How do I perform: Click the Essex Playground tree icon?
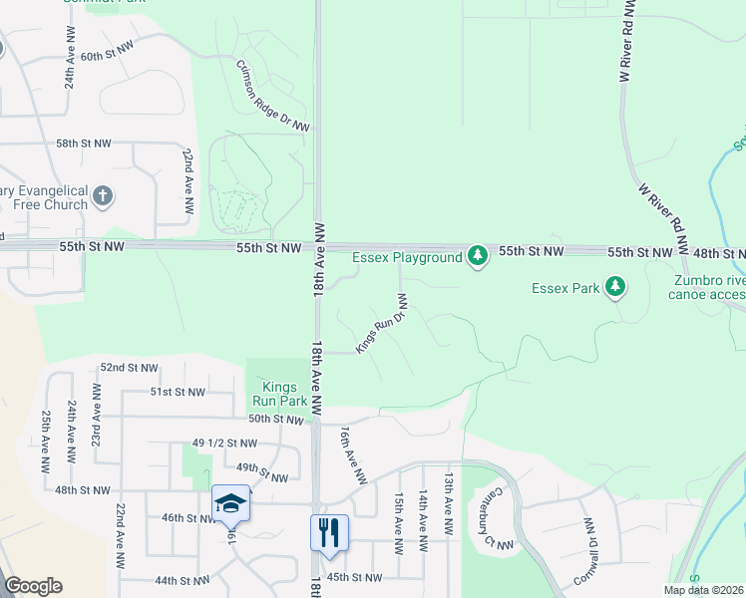tap(479, 257)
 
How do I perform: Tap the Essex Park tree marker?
tap(616, 289)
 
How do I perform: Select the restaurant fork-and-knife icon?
tap(329, 532)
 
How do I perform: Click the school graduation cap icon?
tap(230, 503)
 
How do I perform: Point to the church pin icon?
tap(104, 196)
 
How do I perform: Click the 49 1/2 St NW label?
tap(217, 443)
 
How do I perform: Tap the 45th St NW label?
tap(354, 577)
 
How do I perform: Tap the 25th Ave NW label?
tap(46, 443)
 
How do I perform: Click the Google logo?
tap(33, 586)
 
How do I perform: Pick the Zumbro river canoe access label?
tap(708, 287)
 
